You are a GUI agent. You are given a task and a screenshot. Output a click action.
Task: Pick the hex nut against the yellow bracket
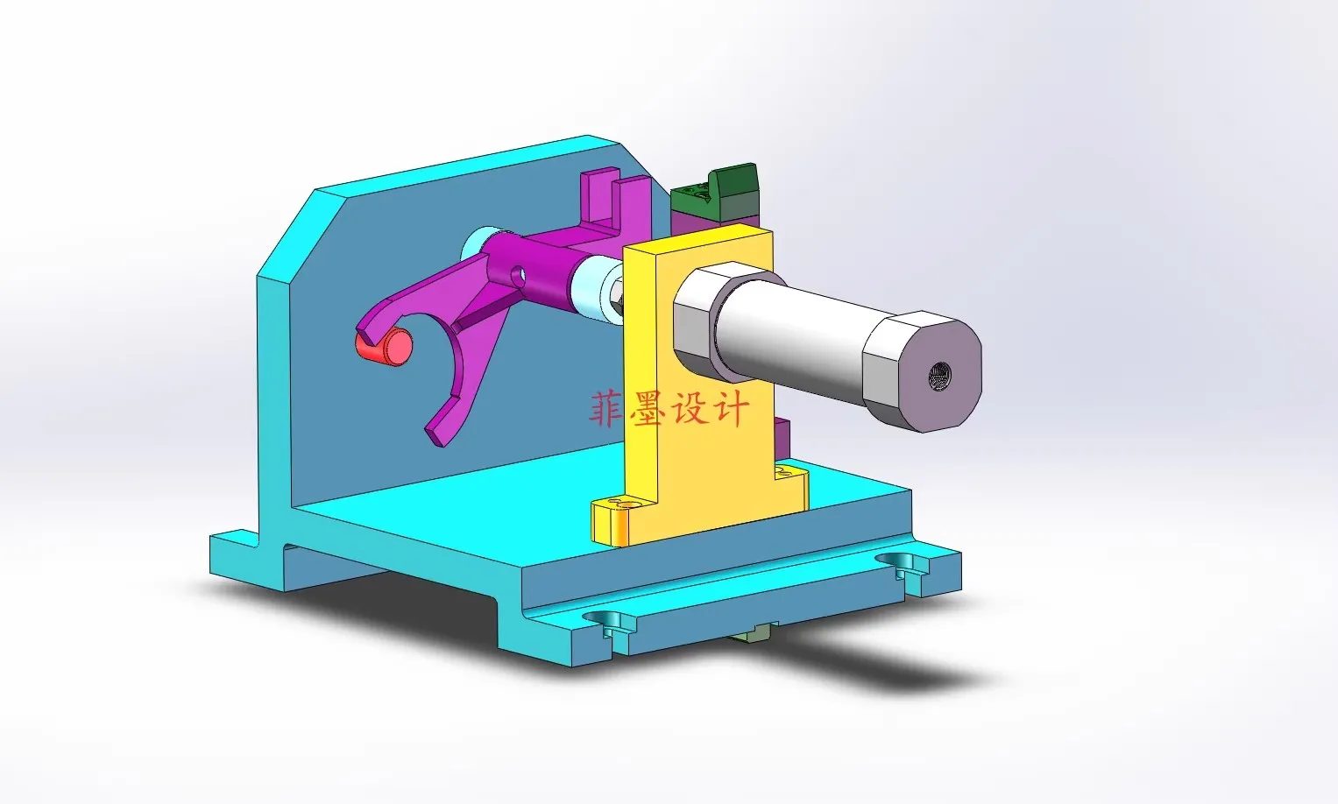click(x=616, y=296)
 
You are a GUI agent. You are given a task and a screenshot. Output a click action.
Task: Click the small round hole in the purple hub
click(x=519, y=276)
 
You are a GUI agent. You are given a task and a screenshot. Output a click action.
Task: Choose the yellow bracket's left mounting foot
click(x=614, y=520)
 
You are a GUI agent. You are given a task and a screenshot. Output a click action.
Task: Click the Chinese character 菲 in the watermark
click(x=606, y=409)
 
